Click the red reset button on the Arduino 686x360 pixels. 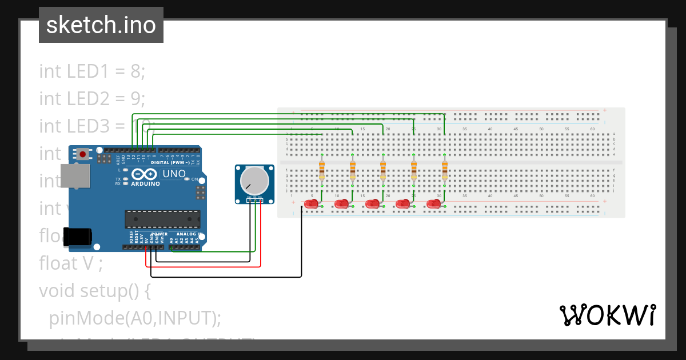(83, 154)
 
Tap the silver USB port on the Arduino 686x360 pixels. (76, 176)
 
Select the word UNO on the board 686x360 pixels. (174, 174)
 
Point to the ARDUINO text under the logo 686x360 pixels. (145, 184)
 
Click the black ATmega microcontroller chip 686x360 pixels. (163, 219)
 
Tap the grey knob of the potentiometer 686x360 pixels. (254, 180)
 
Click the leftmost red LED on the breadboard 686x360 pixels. (312, 203)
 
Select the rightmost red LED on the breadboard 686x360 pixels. (434, 203)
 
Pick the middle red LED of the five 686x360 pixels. (373, 203)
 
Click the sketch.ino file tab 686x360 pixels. (101, 25)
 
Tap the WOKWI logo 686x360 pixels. (608, 315)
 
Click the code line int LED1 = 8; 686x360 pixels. (92, 71)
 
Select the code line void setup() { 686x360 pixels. (94, 290)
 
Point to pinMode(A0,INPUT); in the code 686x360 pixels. (135, 318)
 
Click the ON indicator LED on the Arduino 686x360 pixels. (187, 179)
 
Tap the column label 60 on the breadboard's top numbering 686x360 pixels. (592, 129)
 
